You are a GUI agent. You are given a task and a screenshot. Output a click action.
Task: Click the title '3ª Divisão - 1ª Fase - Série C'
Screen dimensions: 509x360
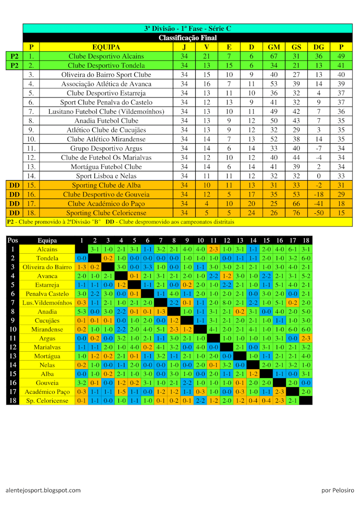pyautogui.click(x=188, y=28)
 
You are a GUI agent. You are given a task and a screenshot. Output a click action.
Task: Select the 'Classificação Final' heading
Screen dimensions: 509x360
pyautogui.click(x=188, y=38)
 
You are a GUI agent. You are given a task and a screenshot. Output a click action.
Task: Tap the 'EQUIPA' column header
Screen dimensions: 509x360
pyautogui.click(x=106, y=47)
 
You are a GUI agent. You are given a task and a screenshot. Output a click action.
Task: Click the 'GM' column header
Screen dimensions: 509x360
pyautogui.click(x=274, y=47)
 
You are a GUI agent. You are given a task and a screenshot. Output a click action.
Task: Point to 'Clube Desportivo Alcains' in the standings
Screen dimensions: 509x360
pyautogui.click(x=106, y=56)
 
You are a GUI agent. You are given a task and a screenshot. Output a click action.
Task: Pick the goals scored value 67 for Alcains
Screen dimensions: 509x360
pyautogui.click(x=274, y=56)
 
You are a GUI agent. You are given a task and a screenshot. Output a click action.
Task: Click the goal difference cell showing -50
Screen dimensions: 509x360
pyautogui.click(x=319, y=213)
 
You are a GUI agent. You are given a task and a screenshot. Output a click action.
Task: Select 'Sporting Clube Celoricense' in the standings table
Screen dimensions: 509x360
pyautogui.click(x=106, y=213)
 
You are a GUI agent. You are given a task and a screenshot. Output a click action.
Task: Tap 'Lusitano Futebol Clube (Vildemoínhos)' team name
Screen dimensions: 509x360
pyautogui.click(x=106, y=112)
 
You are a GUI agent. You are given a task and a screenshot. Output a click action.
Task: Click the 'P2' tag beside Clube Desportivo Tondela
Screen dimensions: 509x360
pyautogui.click(x=14, y=65)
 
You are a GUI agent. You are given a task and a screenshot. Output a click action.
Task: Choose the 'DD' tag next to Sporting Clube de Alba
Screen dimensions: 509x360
pyautogui.click(x=14, y=185)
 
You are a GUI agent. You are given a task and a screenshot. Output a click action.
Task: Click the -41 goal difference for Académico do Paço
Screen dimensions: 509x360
pyautogui.click(x=319, y=204)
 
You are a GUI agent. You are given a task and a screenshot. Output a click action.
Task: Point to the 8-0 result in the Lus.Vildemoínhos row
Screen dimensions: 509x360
pyautogui.click(x=227, y=303)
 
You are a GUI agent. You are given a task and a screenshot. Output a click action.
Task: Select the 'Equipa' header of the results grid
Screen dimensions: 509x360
pyautogui.click(x=47, y=240)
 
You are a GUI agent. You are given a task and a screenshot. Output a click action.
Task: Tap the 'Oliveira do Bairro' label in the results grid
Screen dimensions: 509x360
pyautogui.click(x=47, y=267)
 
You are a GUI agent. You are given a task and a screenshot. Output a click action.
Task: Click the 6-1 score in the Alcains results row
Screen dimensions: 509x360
pyautogui.click(x=292, y=249)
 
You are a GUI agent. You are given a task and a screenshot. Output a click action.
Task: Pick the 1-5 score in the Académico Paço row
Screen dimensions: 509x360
pyautogui.click(x=121, y=392)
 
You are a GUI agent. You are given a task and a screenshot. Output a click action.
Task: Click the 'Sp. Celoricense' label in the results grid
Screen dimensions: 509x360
pyautogui.click(x=47, y=401)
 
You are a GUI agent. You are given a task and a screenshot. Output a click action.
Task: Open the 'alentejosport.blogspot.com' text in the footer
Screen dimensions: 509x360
pyautogui.click(x=43, y=490)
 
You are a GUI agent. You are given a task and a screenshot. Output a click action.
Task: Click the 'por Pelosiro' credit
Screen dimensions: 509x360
pyautogui.click(x=337, y=490)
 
